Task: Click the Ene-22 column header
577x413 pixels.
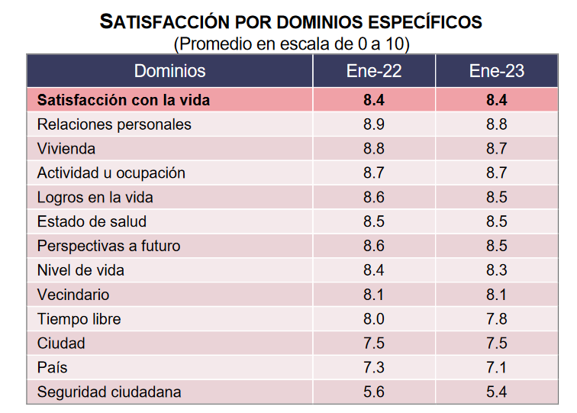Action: (x=374, y=72)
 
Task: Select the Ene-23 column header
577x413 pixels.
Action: (x=497, y=72)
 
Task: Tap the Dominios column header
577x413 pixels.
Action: (x=169, y=72)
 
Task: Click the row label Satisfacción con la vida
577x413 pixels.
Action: (x=124, y=100)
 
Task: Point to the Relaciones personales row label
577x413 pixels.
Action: (x=114, y=124)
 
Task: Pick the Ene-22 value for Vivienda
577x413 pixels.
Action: (x=374, y=149)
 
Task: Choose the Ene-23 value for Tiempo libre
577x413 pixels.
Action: (x=497, y=319)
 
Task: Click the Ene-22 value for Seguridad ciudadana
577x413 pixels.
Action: (x=374, y=392)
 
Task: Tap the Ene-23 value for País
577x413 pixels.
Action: (x=497, y=368)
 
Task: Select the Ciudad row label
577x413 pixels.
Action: (x=61, y=344)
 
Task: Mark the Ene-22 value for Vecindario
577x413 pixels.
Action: (x=374, y=295)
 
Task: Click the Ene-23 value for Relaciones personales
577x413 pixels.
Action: (x=497, y=124)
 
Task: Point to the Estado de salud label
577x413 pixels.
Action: (x=92, y=222)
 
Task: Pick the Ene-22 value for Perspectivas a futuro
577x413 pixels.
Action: (x=374, y=247)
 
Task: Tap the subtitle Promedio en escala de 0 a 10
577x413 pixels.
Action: (x=292, y=44)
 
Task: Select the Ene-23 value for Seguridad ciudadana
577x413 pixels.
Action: (x=497, y=392)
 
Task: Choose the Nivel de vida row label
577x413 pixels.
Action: (x=81, y=270)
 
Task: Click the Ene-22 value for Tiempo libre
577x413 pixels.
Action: (x=374, y=319)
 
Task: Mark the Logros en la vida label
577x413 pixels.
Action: (x=95, y=198)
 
